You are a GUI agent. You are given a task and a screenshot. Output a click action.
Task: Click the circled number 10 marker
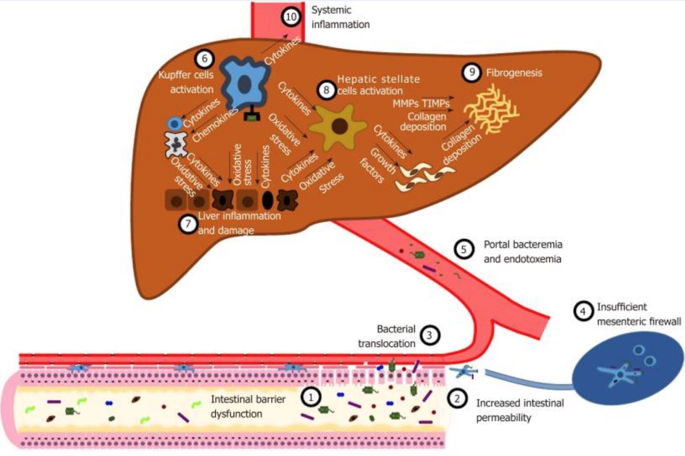point(291,17)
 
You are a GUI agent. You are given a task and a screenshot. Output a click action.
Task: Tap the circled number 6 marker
point(204,58)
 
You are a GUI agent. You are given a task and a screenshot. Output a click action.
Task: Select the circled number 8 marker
point(326,90)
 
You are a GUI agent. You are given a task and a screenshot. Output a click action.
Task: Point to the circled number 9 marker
point(471,72)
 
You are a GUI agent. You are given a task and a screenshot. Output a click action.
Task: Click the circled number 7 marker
point(188,224)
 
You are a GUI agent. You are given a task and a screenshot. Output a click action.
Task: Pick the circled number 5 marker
point(463,249)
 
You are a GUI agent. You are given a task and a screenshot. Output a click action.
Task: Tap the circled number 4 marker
point(582,311)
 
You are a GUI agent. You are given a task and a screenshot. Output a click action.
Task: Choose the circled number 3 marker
point(429,335)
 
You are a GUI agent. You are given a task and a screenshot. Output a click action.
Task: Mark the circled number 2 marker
point(457,398)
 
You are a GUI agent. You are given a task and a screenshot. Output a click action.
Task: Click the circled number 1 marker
point(311,396)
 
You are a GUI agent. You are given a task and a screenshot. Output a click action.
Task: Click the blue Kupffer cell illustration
point(243,83)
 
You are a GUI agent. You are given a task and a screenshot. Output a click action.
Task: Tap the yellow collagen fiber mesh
point(491,109)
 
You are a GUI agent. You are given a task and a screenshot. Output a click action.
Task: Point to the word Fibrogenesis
point(514,73)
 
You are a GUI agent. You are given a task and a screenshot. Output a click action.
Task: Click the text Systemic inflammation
point(340,17)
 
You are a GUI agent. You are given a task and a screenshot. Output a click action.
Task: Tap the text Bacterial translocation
point(388,336)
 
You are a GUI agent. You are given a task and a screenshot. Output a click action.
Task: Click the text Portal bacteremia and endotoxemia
point(523,251)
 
